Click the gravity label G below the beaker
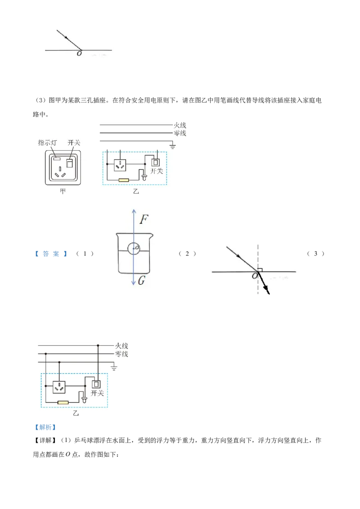[141, 280]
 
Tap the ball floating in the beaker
[134, 249]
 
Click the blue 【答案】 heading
[51, 254]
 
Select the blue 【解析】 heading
[45, 427]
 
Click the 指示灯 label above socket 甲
[47, 143]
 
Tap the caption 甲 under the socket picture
[63, 191]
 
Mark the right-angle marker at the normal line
[260, 270]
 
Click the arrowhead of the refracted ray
[267, 290]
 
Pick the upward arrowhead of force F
[134, 211]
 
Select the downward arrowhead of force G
[134, 283]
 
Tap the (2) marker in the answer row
[187, 254]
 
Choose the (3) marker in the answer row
[315, 254]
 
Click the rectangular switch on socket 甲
[69, 163]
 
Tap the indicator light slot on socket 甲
[57, 159]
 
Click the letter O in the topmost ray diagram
[79, 54]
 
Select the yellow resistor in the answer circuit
[63, 402]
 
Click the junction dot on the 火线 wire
[98, 345]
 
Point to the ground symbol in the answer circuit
[114, 367]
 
